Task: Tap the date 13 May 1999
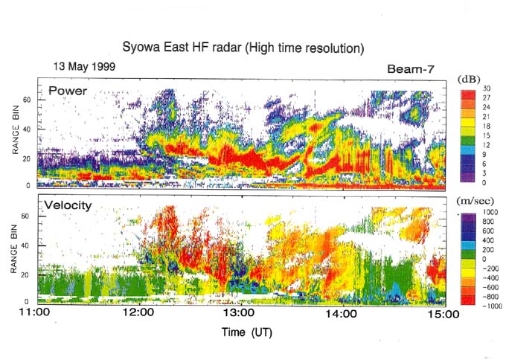(x=84, y=66)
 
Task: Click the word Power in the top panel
(x=68, y=91)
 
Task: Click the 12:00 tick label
(x=138, y=315)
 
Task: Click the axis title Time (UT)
(x=246, y=332)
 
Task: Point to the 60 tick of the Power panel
(x=30, y=98)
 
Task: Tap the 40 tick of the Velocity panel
(x=30, y=247)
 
